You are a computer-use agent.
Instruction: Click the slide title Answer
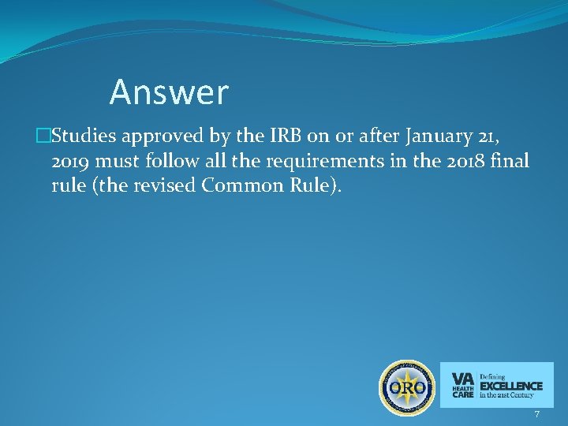pyautogui.click(x=169, y=92)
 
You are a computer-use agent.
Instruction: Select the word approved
pyautogui.click(x=163, y=136)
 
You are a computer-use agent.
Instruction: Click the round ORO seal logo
pyautogui.click(x=407, y=388)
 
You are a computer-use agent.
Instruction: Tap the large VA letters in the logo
pyautogui.click(x=463, y=377)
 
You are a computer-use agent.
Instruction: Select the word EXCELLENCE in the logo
pyautogui.click(x=511, y=385)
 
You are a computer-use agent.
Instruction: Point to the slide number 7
pyautogui.click(x=536, y=414)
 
